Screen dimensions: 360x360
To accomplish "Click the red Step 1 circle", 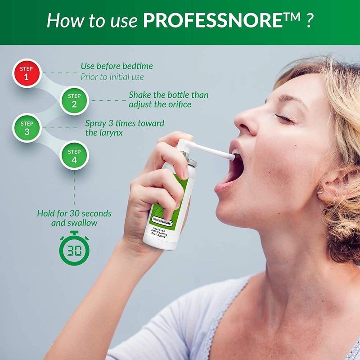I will pos(27,73).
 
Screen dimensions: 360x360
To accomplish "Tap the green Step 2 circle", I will pos(74,100).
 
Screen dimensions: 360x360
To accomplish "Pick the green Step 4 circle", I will pos(74,155).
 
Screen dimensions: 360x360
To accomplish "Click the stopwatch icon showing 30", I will pos(74,248).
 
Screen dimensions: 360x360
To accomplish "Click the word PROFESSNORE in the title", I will pos(216,21).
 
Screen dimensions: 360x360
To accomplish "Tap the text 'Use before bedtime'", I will pos(117,66).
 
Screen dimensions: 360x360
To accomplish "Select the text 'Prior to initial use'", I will pos(112,77).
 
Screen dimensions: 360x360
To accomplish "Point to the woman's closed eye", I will pos(283,118).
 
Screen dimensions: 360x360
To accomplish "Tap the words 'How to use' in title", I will pos(92,21).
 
